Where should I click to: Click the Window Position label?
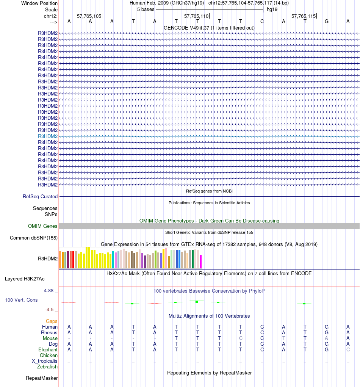tap(39, 3)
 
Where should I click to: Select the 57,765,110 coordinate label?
tap(196, 16)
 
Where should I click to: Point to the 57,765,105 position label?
tap(89, 16)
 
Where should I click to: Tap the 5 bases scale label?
tap(146, 9)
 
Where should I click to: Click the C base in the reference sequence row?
tap(262, 22)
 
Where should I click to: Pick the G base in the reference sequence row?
tap(327, 22)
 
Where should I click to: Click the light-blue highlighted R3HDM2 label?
tap(48, 136)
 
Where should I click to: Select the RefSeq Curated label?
tap(40, 196)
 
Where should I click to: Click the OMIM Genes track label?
tap(43, 226)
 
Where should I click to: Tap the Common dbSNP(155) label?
tap(34, 238)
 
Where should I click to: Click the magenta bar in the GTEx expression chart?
tap(201, 261)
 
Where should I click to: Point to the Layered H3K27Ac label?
tap(25, 279)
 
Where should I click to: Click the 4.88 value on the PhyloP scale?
tap(49, 291)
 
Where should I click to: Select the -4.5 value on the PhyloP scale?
tap(50, 309)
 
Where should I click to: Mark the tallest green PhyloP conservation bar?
tap(197, 301)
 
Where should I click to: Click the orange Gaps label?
tap(52, 321)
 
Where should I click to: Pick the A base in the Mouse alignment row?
tap(327, 338)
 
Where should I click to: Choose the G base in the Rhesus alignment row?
tap(327, 332)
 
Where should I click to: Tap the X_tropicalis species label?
tap(45, 361)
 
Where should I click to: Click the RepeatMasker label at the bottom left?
tap(42, 378)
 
